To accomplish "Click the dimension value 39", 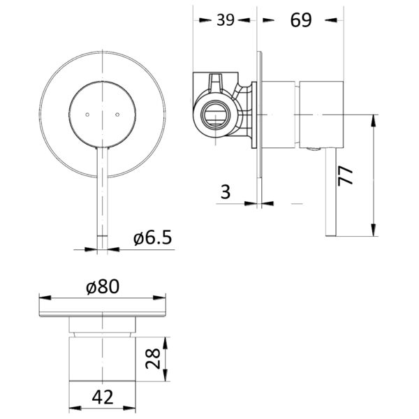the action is [x=226, y=20].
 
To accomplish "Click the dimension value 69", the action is [x=301, y=20].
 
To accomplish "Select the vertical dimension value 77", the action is [x=345, y=175].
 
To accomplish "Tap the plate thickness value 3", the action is [x=226, y=191].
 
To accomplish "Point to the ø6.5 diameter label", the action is [x=152, y=237].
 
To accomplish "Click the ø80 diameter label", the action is [x=103, y=287].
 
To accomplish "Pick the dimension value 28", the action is [x=153, y=359].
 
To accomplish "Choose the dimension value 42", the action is [x=103, y=397].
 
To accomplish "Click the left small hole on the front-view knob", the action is [x=87, y=115].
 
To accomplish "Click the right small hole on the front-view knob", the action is [x=117, y=115].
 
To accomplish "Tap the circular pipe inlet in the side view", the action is [x=215, y=115].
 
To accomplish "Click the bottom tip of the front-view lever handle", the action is [x=103, y=249].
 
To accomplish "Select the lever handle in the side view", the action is [x=331, y=192].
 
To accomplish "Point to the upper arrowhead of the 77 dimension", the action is [x=374, y=120].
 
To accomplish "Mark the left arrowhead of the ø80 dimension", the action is [x=45, y=297].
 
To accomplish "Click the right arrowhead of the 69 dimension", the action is [x=331, y=20].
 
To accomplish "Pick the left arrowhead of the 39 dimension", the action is [x=205, y=20].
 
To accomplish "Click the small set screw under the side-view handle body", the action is [x=314, y=149].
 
